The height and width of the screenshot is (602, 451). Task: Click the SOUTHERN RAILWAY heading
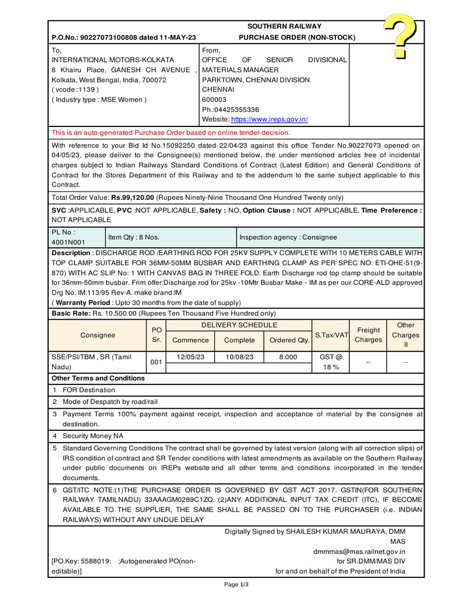pyautogui.click(x=284, y=26)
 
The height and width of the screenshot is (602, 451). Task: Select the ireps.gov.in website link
pyautogui.click(x=269, y=119)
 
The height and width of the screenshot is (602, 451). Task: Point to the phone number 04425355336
pyautogui.click(x=235, y=109)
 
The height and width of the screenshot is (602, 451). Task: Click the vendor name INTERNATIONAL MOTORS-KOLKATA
pyautogui.click(x=113, y=60)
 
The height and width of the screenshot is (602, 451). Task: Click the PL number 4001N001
pyautogui.click(x=68, y=242)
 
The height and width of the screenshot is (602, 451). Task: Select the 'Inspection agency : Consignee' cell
pyautogui.click(x=288, y=237)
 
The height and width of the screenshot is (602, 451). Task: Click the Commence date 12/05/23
pyautogui.click(x=191, y=357)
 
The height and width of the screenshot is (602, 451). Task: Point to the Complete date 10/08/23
pyautogui.click(x=240, y=357)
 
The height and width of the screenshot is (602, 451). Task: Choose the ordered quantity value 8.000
pyautogui.click(x=288, y=357)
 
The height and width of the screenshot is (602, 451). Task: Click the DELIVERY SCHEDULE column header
pyautogui.click(x=239, y=325)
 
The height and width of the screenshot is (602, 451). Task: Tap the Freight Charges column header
pyautogui.click(x=368, y=335)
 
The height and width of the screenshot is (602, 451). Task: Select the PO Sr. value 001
pyautogui.click(x=156, y=362)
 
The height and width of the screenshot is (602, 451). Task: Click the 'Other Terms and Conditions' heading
pyautogui.click(x=98, y=378)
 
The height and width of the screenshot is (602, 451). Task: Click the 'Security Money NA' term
pyautogui.click(x=93, y=436)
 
